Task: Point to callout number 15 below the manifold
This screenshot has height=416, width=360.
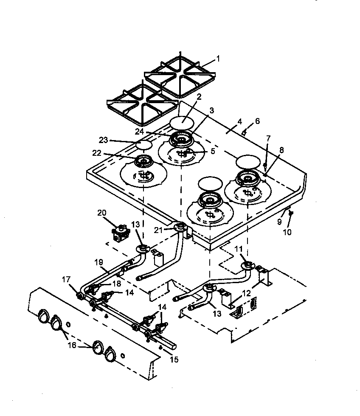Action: (173, 360)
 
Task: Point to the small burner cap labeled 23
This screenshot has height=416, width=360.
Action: (144, 145)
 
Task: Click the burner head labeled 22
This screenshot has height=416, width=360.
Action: (142, 161)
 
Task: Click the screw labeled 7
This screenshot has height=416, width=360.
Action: (265, 165)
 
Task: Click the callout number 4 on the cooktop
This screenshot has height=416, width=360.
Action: (240, 121)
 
